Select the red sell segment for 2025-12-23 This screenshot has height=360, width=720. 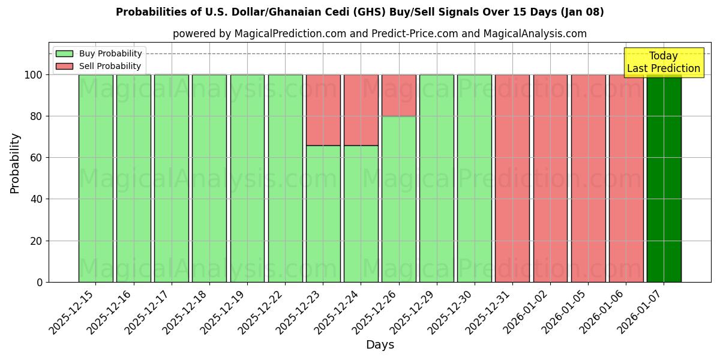(323, 110)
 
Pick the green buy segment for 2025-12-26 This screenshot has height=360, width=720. (398, 199)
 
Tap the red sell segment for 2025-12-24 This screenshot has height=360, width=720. (361, 110)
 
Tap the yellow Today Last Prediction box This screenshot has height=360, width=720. (664, 62)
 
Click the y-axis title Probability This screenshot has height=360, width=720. (15, 163)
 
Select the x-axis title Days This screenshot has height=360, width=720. (380, 345)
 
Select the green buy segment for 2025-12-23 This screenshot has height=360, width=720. (323, 213)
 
